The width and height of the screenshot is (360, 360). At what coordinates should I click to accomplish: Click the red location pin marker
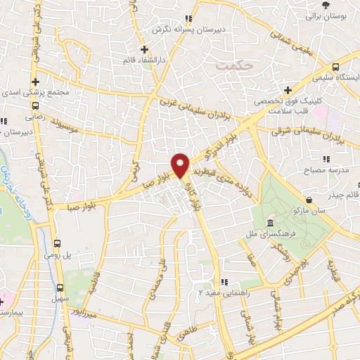point(181,165)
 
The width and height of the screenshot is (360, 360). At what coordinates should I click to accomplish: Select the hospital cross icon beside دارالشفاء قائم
point(144,49)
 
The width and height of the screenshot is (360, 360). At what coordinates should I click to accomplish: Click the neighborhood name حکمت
point(235,65)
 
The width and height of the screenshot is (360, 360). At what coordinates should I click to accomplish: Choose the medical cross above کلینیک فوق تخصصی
point(288,89)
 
